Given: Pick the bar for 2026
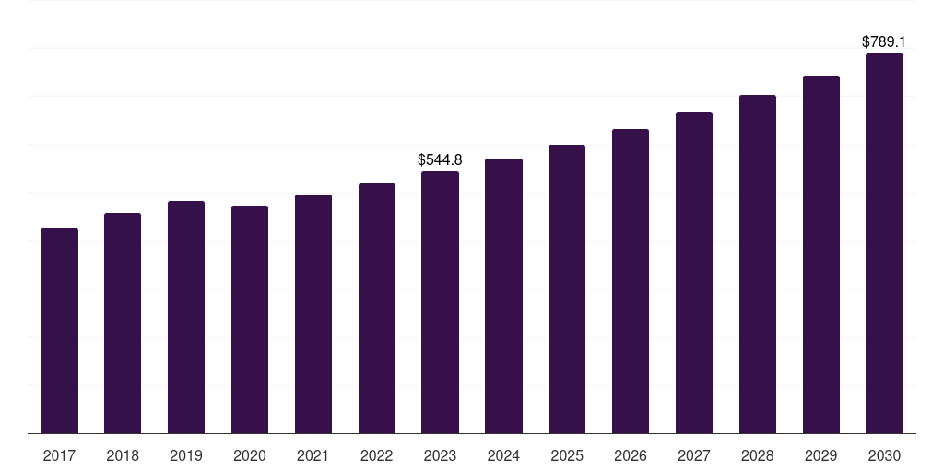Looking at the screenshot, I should tap(631, 281).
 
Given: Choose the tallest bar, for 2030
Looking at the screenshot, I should tap(884, 243).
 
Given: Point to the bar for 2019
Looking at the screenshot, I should tap(186, 317).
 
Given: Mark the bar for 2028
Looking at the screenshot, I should tap(758, 264).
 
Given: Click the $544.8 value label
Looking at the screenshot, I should tap(440, 159).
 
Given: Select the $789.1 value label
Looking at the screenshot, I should tap(884, 41).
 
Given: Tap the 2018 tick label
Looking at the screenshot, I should tap(123, 455).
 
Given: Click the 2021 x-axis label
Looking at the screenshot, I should tap(313, 455).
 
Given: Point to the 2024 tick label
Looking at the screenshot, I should tap(503, 455).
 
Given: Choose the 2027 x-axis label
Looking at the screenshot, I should tap(694, 455).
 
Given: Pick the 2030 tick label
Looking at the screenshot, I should tap(884, 455).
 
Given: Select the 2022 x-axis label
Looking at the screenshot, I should tap(377, 455).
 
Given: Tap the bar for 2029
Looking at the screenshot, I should tap(821, 254).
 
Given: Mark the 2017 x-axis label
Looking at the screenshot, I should tap(59, 455).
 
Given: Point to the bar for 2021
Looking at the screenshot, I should tap(313, 313).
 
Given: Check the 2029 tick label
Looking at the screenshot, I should tap(821, 455).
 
